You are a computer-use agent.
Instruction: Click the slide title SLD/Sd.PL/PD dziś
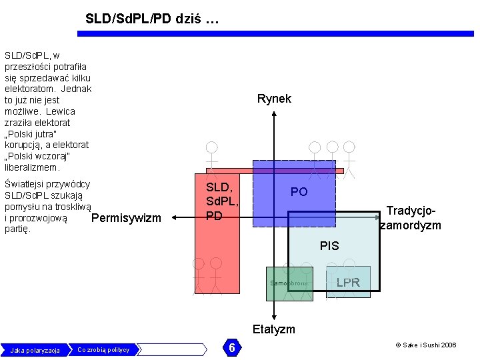tap(151, 19)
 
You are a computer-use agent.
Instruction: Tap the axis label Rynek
tap(274, 99)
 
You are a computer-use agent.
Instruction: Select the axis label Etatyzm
tap(273, 329)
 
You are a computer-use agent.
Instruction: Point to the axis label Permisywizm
tap(126, 218)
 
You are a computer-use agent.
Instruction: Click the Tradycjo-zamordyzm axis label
tap(410, 218)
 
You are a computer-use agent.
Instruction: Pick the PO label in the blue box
tap(299, 192)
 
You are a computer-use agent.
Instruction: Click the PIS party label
tap(329, 246)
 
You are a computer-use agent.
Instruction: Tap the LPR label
tap(348, 283)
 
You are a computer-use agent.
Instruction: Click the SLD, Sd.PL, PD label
tap(222, 202)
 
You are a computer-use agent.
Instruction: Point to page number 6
tap(231, 348)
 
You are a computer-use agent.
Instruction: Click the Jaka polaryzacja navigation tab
tap(35, 350)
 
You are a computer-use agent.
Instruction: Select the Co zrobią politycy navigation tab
tap(103, 349)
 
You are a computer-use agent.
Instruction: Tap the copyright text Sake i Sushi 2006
tap(426, 345)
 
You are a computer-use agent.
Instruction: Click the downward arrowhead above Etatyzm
tap(274, 317)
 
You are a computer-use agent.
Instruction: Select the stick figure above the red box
tap(211, 153)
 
